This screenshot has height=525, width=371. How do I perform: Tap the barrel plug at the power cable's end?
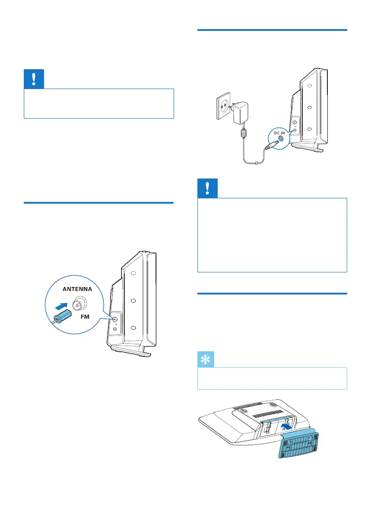pos(273,145)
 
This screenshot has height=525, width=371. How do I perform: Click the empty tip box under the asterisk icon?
pos(272,378)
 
